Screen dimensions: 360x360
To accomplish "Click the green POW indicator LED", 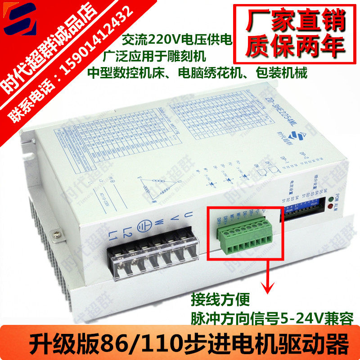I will [x=332, y=200].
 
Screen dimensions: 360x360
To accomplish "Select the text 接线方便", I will [x=219, y=298].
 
